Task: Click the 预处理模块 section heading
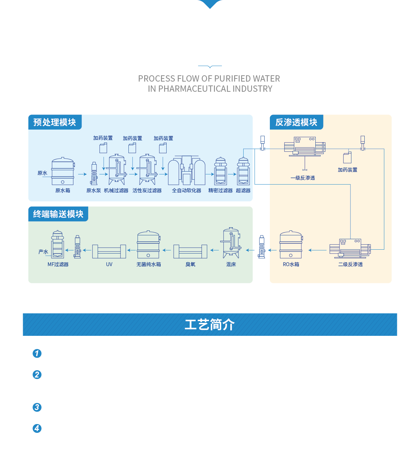click(x=55, y=122)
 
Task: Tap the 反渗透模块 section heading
click(x=296, y=122)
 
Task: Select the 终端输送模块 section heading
click(x=58, y=214)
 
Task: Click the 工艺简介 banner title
click(x=210, y=325)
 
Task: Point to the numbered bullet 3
click(x=37, y=407)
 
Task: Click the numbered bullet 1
click(x=37, y=353)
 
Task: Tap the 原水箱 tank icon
click(x=63, y=172)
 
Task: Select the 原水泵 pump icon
click(x=94, y=173)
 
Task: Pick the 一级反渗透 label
click(x=303, y=178)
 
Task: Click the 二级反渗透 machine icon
click(x=350, y=248)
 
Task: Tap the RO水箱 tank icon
click(x=291, y=245)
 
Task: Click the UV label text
click(x=109, y=264)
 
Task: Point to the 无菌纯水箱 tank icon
click(x=148, y=245)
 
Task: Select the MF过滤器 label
click(x=58, y=264)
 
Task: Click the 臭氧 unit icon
click(x=190, y=251)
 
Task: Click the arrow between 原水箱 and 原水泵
click(x=82, y=174)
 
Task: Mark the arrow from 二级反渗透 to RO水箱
click(x=317, y=250)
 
